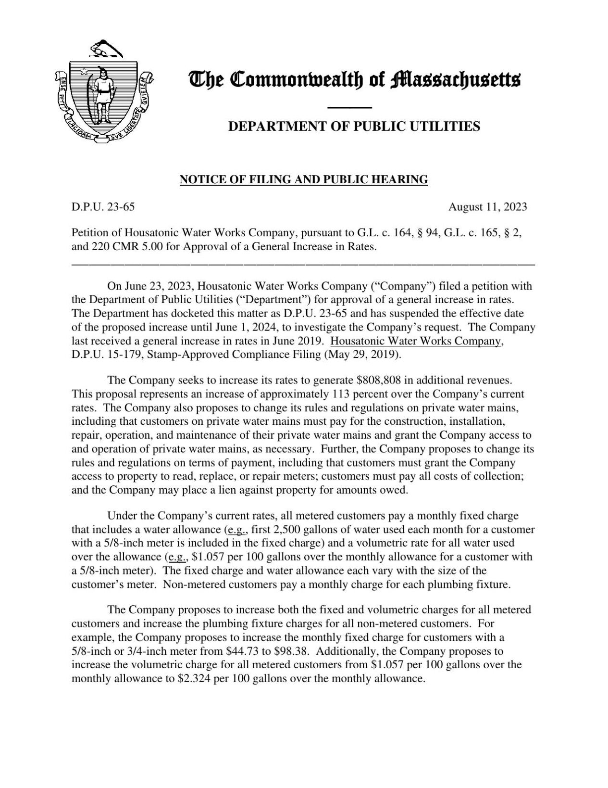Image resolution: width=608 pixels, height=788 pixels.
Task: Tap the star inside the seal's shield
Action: click(84, 72)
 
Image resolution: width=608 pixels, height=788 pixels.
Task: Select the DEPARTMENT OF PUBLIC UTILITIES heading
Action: click(353, 127)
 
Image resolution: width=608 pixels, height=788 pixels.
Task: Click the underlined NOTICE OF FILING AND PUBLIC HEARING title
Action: click(303, 180)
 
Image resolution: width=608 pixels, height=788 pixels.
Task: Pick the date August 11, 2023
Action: click(487, 207)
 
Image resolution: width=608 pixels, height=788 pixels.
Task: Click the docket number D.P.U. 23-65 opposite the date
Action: click(103, 207)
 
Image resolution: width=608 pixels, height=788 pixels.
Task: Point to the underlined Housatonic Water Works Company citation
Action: click(417, 341)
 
